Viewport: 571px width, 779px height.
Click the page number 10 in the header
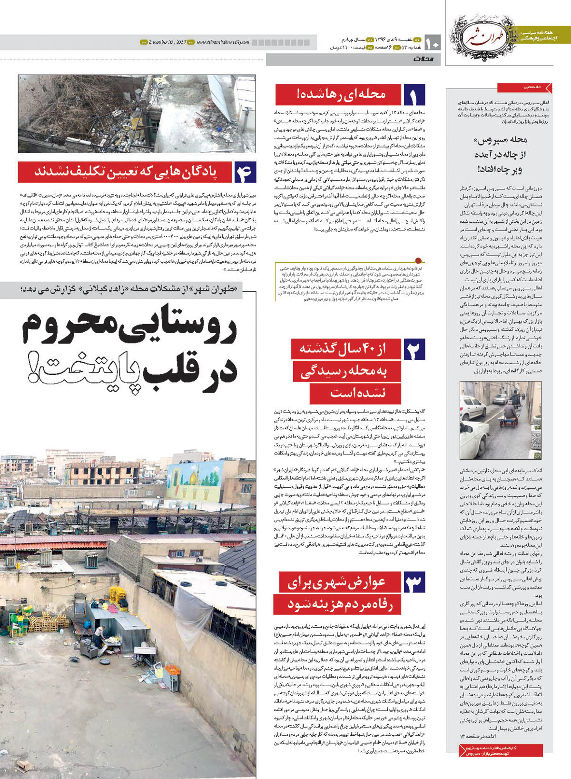pyautogui.click(x=433, y=43)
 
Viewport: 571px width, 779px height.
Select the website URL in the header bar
pyautogui.click(x=223, y=42)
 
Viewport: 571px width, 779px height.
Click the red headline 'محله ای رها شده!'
pyautogui.click(x=339, y=95)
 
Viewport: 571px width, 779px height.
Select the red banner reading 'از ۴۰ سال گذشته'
pyautogui.click(x=345, y=349)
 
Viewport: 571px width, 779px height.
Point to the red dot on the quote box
pyautogui.click(x=418, y=260)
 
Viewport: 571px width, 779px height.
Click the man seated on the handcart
pyautogui.click(x=510, y=409)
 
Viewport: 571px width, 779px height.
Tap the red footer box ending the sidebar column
pyautogui.click(x=501, y=750)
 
